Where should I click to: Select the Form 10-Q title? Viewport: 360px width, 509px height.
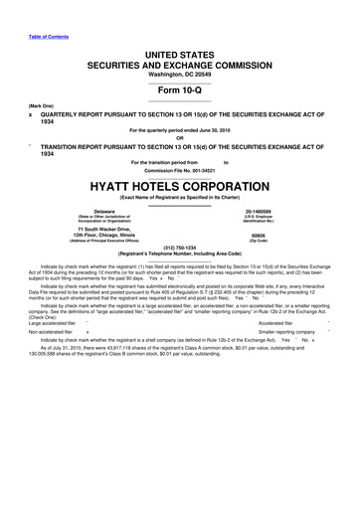click(180, 85)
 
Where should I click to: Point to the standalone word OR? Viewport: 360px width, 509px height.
click(180, 137)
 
